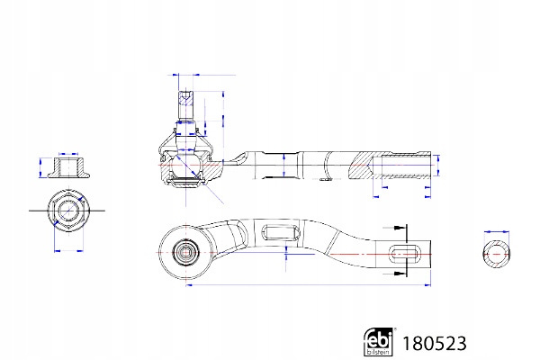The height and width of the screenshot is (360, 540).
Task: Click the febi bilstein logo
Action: (x=378, y=342)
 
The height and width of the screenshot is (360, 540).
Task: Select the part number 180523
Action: (x=435, y=344)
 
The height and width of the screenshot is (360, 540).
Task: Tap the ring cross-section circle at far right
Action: (x=496, y=254)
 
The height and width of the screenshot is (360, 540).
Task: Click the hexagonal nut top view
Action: (x=68, y=211)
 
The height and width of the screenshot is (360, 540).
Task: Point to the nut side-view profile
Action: (x=68, y=167)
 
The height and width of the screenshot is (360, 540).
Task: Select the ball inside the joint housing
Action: (x=186, y=165)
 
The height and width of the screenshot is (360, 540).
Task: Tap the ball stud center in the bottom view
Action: (x=186, y=253)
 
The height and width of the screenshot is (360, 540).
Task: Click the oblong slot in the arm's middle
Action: (x=281, y=232)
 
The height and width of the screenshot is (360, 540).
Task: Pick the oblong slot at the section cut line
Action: (x=404, y=254)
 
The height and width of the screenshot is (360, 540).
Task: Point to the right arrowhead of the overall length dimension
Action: (x=428, y=285)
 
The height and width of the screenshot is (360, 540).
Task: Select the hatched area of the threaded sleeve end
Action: (x=361, y=165)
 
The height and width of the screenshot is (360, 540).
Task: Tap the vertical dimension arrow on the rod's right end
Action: (x=438, y=165)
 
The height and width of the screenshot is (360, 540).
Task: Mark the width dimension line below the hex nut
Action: (x=69, y=251)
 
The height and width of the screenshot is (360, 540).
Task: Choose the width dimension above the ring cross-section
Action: (x=496, y=232)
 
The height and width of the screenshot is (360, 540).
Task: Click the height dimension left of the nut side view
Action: (x=40, y=167)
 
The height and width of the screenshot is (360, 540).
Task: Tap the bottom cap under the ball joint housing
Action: (x=186, y=183)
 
